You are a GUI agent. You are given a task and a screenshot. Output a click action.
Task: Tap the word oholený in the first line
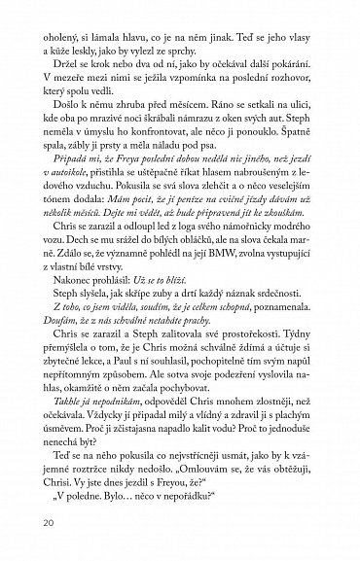[x=54, y=19]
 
